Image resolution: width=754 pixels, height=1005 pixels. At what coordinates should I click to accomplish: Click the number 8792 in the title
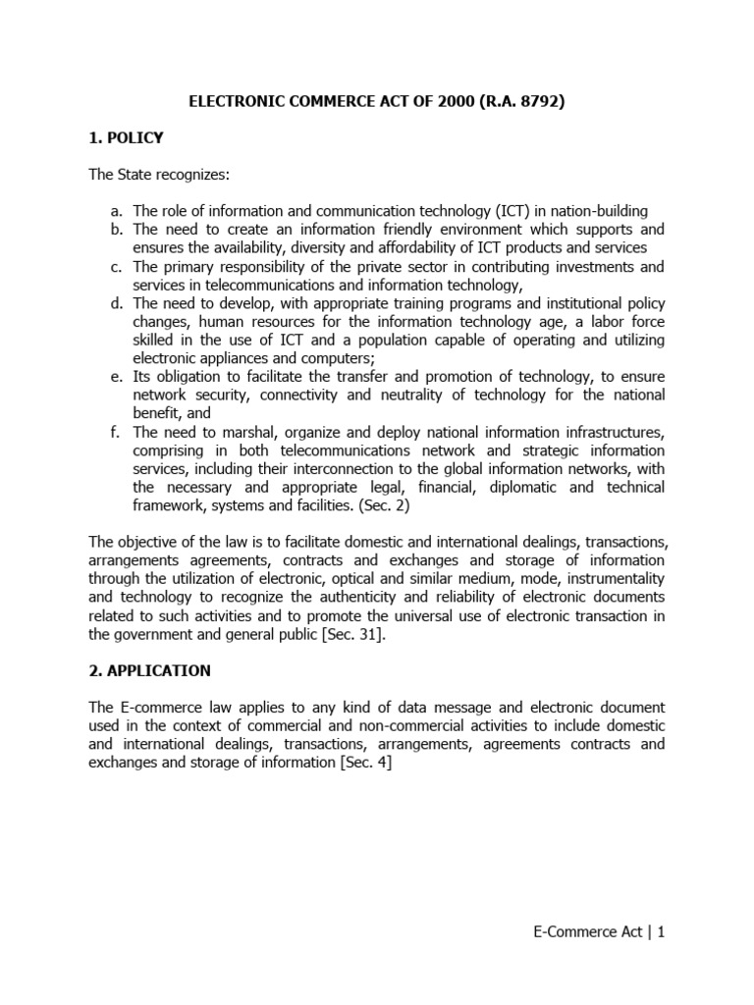[538, 101]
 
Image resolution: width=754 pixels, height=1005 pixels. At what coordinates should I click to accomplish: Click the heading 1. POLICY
[126, 138]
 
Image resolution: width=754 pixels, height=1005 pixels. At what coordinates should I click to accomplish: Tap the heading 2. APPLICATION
[149, 670]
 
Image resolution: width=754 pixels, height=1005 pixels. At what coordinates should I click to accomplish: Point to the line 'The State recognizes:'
[145, 175]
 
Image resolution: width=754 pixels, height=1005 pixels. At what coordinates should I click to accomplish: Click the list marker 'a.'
[117, 212]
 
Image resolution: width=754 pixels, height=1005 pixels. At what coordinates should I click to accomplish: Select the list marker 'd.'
[117, 303]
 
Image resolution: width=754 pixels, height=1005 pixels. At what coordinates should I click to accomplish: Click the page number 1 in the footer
[662, 932]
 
